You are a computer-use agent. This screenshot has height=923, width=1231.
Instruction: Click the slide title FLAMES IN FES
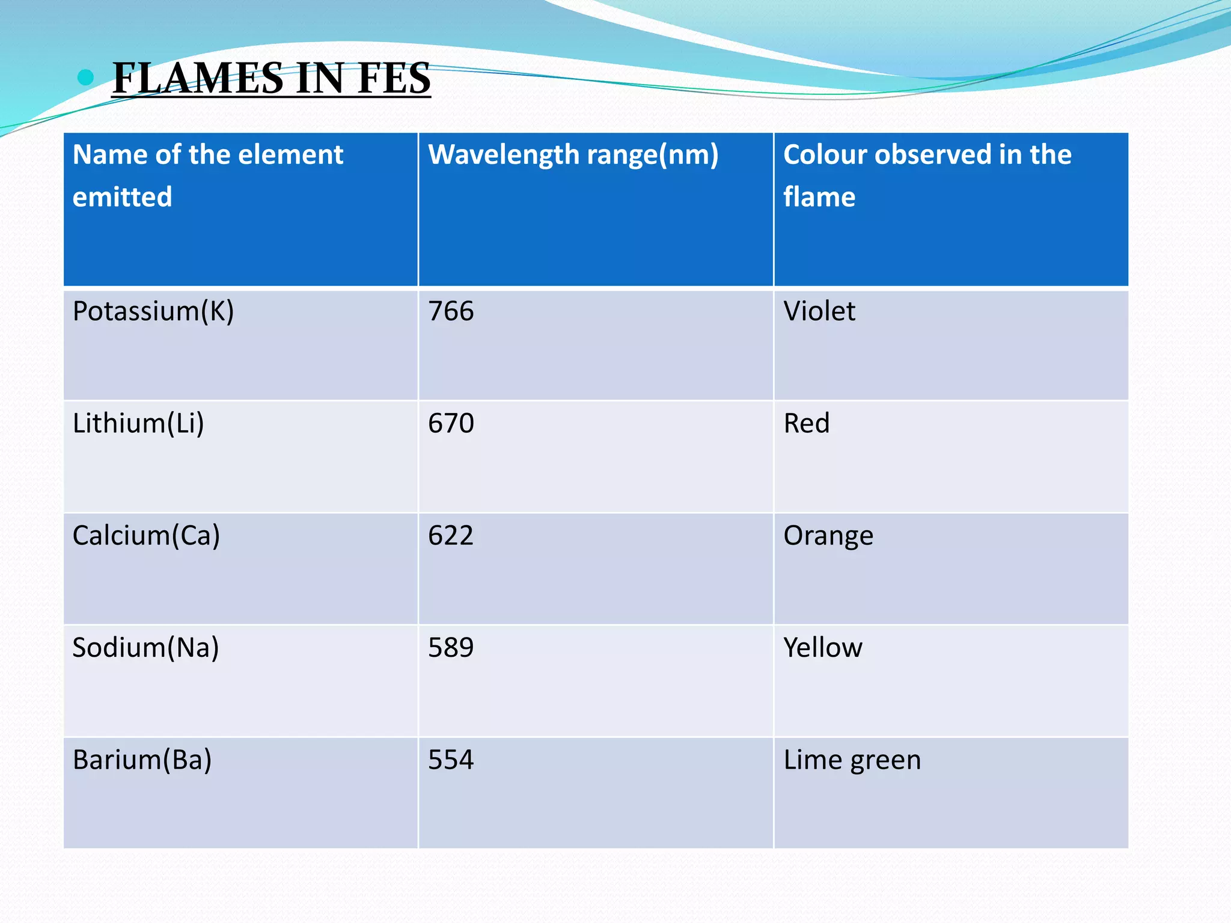(x=271, y=79)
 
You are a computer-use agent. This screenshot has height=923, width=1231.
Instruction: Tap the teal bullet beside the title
(x=87, y=77)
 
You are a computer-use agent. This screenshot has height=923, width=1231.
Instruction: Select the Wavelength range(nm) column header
(x=573, y=155)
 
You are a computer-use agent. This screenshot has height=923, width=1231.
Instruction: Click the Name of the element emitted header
(x=207, y=175)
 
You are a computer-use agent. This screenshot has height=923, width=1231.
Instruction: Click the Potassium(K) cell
(x=153, y=311)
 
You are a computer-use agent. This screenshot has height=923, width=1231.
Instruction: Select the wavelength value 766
(x=451, y=311)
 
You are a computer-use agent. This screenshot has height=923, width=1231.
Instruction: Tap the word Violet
(x=819, y=311)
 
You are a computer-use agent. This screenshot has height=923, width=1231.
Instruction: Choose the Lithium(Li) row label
(x=138, y=423)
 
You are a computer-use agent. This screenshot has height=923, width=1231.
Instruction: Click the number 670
(x=451, y=423)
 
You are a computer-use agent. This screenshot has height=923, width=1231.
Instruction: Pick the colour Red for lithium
(x=806, y=423)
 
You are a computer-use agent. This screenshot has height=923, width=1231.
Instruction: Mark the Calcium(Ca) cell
(x=146, y=535)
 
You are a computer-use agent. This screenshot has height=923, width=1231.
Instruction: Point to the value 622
(x=451, y=535)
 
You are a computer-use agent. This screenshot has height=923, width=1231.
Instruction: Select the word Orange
(x=828, y=535)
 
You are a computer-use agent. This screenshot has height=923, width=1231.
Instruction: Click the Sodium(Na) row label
(x=145, y=648)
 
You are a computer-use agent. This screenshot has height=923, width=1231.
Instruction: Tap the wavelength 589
(x=451, y=648)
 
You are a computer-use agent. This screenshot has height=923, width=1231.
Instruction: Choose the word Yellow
(x=823, y=648)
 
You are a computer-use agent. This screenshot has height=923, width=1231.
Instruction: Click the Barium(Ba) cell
(x=142, y=760)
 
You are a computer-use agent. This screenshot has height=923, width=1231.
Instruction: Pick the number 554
(x=451, y=760)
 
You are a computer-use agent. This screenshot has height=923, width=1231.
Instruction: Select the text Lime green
(x=852, y=760)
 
